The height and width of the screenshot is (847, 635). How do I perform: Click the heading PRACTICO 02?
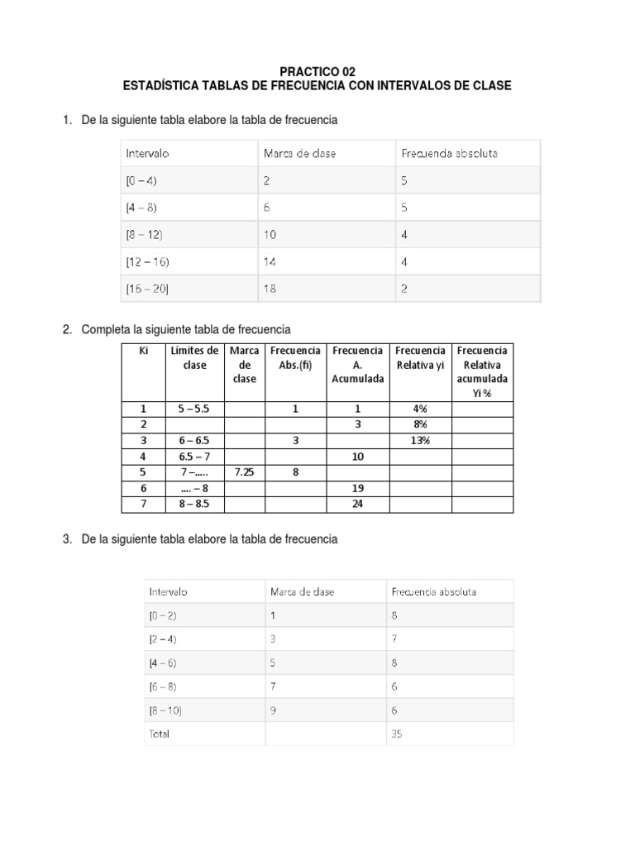(317, 72)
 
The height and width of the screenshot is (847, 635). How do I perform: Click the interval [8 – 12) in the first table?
(145, 235)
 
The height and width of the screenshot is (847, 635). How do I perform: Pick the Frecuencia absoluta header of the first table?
(449, 153)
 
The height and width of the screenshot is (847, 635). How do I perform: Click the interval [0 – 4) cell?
(141, 180)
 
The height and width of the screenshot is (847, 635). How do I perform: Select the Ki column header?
(143, 351)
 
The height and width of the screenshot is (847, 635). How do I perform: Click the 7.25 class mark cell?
(245, 471)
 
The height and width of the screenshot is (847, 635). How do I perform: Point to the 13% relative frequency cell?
(420, 440)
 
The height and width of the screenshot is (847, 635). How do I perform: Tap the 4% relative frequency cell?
(420, 409)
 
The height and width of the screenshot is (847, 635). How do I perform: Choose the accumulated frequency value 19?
(358, 487)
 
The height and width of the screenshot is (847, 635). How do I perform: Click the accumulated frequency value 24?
(358, 503)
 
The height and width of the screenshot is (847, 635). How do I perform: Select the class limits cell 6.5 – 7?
(194, 456)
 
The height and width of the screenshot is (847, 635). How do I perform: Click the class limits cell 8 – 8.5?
(194, 503)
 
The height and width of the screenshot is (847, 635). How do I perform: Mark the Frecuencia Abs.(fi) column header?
(295, 357)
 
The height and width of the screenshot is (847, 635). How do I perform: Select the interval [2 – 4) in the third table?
(164, 639)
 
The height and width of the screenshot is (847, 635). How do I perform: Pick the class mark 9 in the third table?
(274, 710)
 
